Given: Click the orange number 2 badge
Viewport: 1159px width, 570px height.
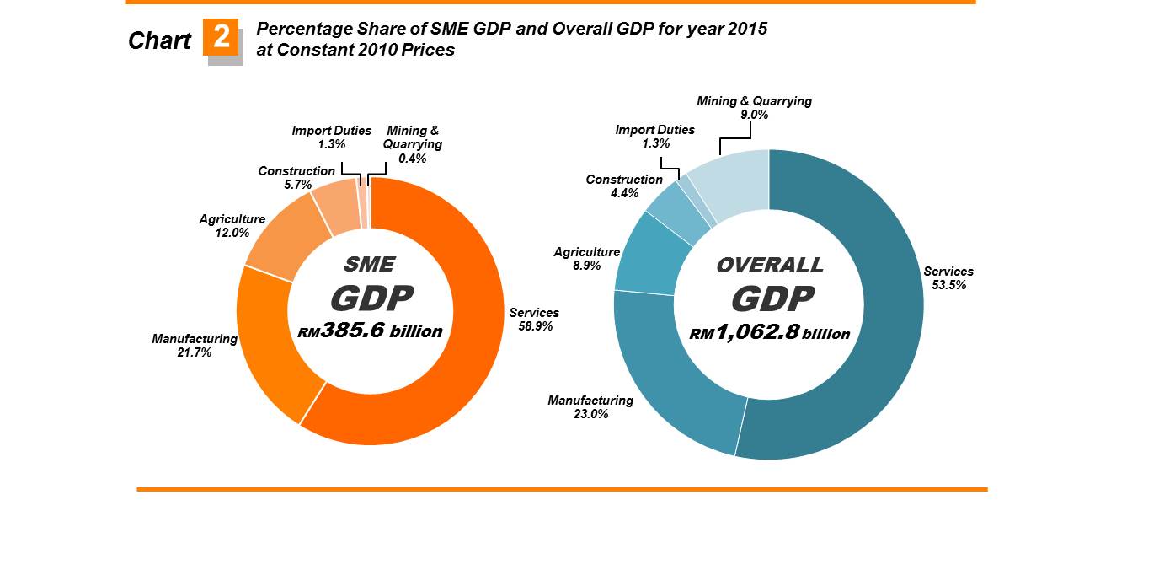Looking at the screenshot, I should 222,38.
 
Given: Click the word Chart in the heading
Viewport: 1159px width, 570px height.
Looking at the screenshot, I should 159,40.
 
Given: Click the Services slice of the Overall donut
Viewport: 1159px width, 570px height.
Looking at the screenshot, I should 876,337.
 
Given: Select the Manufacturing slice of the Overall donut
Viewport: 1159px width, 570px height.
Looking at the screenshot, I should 674,371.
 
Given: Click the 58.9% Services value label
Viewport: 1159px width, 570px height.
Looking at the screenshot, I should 535,326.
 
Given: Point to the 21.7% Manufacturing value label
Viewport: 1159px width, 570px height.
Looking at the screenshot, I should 195,352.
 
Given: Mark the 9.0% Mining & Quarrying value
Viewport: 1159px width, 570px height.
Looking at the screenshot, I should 754,115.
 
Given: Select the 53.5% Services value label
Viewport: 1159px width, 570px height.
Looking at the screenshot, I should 948,285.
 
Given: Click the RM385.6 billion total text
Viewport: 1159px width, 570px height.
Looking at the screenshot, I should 370,331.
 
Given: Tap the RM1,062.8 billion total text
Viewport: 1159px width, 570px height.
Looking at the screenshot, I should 769,334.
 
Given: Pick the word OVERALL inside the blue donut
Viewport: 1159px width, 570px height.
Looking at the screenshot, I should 769,265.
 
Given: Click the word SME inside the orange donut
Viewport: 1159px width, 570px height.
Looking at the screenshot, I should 370,264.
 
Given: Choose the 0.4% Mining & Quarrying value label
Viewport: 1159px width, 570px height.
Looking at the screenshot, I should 412,158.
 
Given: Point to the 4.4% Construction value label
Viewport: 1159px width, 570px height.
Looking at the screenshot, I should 623,193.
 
